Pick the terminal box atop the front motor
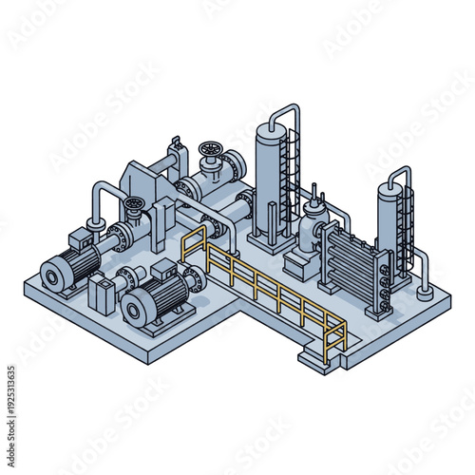[164, 270]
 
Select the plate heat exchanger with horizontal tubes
[351, 261]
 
